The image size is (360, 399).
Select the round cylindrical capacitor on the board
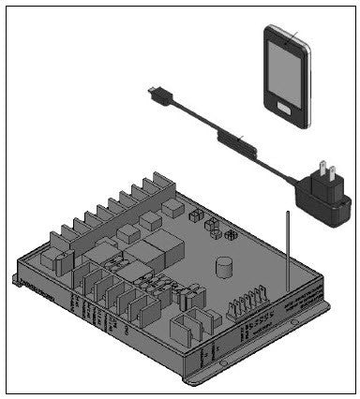(x=223, y=270)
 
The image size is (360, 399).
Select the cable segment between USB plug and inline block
(x=193, y=118)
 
